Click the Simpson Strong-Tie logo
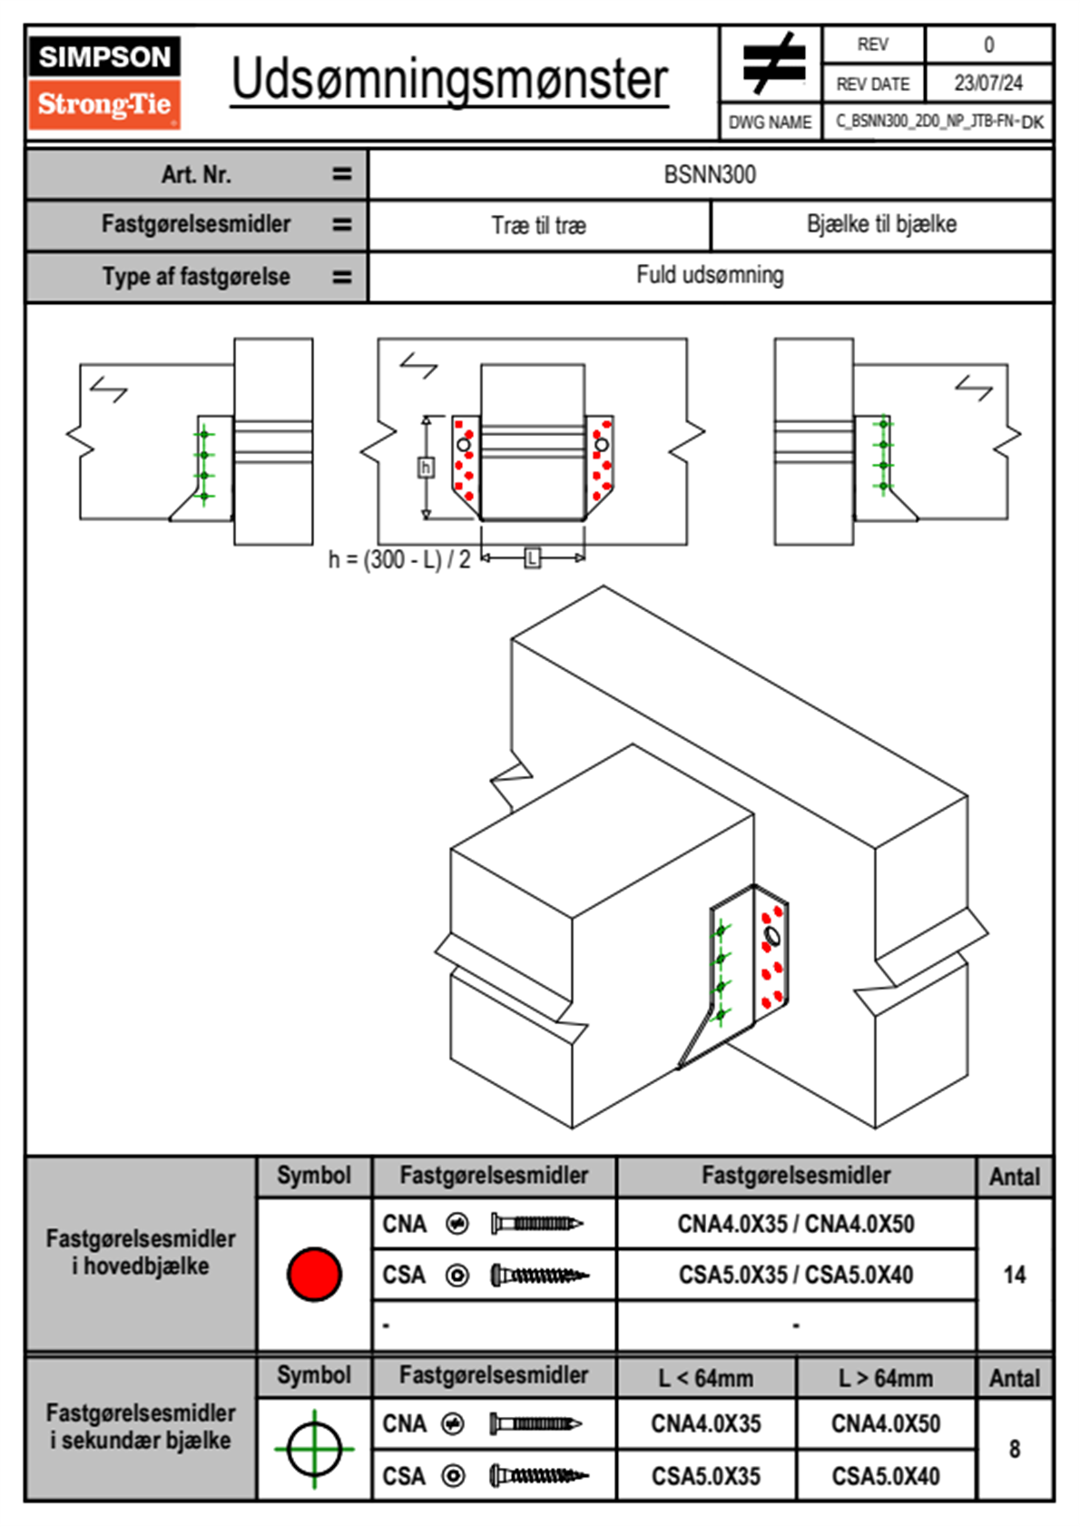104,83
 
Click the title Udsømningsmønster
449,80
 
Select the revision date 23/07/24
987,84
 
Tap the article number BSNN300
710,174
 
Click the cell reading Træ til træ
539,225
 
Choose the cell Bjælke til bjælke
881,224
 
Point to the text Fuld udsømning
710,275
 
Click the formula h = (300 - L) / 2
399,559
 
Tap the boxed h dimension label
426,468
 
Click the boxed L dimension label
533,557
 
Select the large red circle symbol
314,1274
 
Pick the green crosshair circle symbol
314,1449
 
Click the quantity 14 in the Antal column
1014,1275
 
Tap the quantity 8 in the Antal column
1014,1449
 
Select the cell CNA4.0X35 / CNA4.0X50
796,1224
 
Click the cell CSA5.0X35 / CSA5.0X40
796,1275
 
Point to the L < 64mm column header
706,1378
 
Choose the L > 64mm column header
886,1378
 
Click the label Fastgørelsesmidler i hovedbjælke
141,1252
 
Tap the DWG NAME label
770,122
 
